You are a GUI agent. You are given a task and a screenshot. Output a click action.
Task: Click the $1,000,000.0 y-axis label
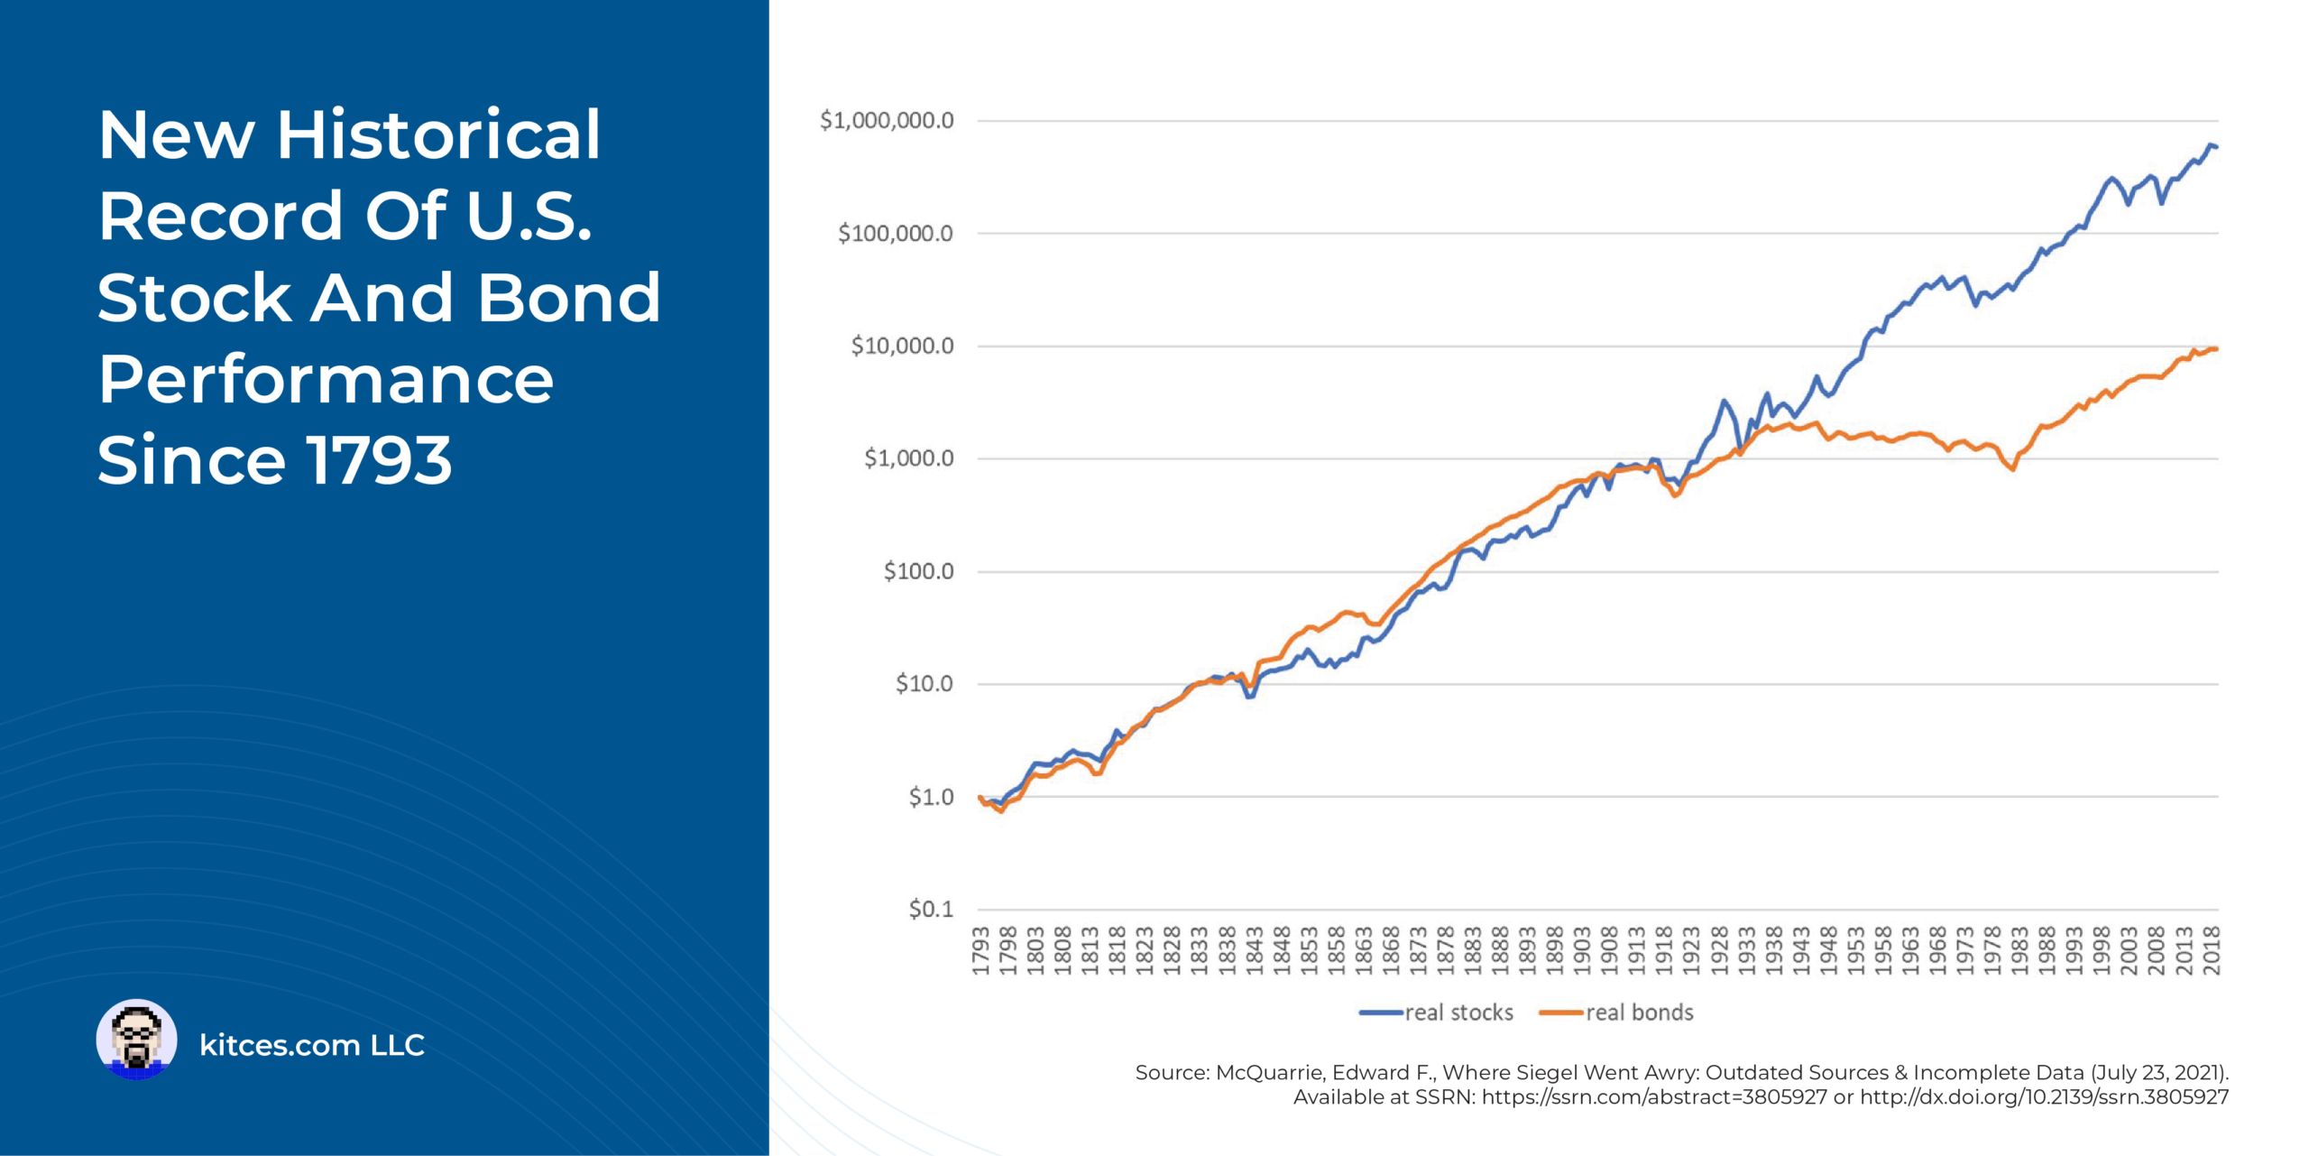886,121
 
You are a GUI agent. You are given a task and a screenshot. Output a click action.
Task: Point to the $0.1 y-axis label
930,909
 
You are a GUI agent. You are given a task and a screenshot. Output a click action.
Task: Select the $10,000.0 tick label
901,346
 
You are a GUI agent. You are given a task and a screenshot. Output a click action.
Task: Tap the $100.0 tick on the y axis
917,571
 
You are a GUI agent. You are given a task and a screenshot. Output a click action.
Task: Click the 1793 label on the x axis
981,950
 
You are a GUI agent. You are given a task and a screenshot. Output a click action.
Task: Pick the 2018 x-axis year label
2212,950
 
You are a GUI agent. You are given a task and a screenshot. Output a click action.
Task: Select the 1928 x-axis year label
1719,950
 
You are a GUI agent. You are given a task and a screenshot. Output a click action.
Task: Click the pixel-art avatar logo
136,1039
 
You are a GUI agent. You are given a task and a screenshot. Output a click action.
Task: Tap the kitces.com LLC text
311,1045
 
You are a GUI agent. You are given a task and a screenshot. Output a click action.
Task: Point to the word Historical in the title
438,135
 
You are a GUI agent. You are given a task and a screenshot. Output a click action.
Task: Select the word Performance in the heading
326,380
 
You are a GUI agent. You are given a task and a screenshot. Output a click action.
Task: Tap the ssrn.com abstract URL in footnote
1654,1097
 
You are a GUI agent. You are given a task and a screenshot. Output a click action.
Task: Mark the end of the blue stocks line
2215,146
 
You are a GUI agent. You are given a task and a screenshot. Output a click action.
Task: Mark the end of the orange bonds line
2215,349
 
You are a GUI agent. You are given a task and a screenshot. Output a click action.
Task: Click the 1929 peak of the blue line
1723,401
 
